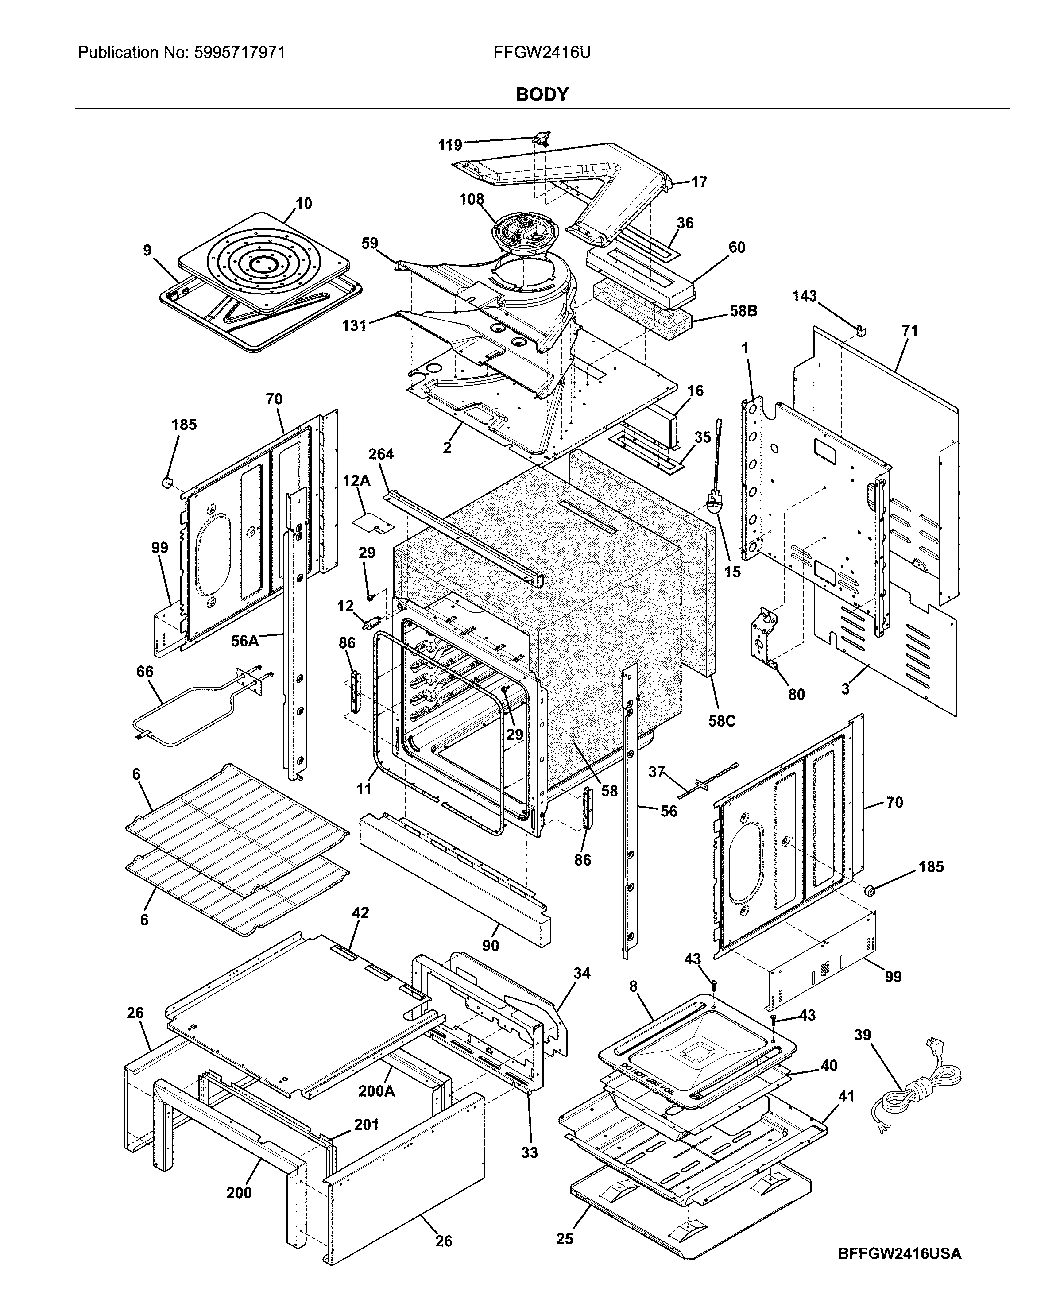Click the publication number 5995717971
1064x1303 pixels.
click(x=239, y=53)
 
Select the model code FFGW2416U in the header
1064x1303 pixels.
click(x=542, y=53)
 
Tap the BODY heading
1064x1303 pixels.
click(x=542, y=94)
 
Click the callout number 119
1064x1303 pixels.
click(x=450, y=145)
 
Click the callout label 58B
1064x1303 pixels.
click(x=743, y=311)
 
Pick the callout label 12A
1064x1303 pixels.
click(x=356, y=481)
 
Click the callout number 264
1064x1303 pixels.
click(x=381, y=454)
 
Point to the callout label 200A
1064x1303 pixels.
click(x=376, y=1091)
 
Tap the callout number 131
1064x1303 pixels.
click(x=354, y=325)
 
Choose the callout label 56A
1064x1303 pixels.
click(x=244, y=641)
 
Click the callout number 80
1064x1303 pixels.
click(x=796, y=694)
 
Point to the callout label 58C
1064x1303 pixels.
click(x=721, y=721)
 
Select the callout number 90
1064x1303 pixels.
click(x=490, y=946)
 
